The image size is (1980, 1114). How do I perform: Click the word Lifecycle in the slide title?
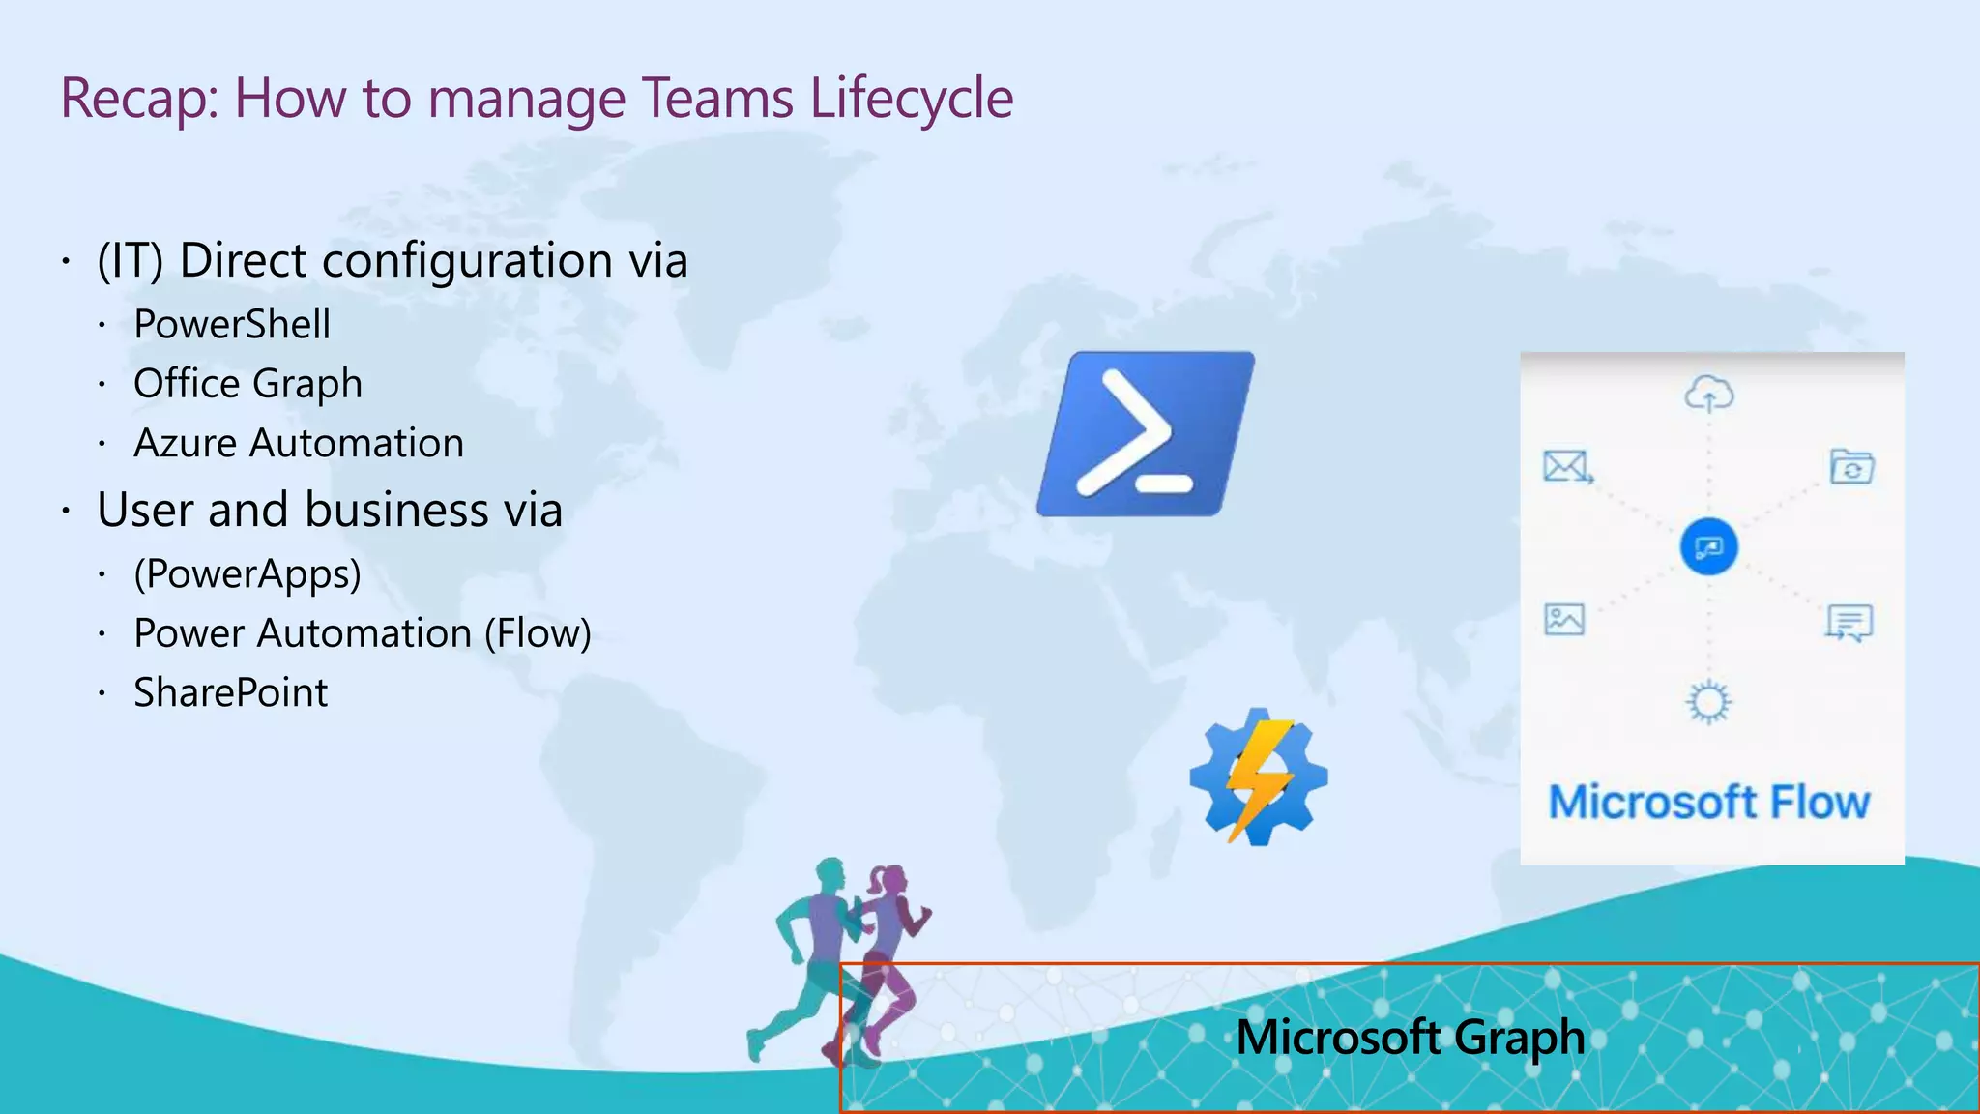912,99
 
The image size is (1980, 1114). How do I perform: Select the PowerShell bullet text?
232,324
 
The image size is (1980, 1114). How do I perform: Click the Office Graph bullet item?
247,384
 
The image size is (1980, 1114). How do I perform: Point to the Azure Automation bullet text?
299,444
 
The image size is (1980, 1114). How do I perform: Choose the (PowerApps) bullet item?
247,573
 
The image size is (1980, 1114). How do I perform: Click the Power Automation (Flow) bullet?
363,633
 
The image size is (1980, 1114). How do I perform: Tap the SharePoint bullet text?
231,693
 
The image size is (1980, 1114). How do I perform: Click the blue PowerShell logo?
1146,434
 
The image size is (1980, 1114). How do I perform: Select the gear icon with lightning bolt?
1258,777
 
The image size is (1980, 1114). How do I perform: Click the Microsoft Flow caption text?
1709,803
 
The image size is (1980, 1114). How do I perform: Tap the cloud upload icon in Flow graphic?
1709,394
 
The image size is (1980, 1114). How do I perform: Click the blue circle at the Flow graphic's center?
1708,547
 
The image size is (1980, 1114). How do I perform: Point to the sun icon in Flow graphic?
1708,702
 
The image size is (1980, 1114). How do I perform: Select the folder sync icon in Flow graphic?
1851,467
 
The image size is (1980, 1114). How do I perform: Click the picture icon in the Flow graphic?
1564,619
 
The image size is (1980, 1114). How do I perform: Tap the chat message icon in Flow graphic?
1849,623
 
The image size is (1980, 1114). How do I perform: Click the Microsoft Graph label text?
1410,1038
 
